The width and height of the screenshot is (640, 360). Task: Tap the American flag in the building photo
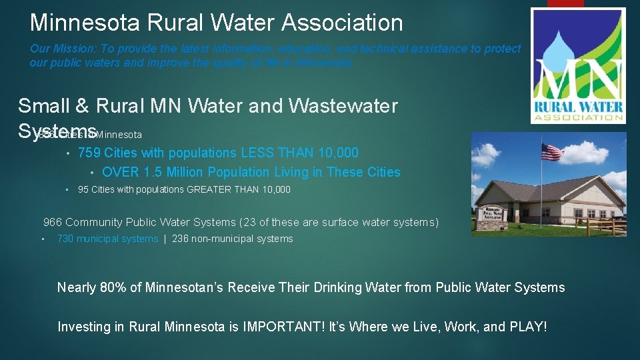552,152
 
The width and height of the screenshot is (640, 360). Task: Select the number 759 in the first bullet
89,153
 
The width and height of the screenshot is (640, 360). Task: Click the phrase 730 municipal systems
108,239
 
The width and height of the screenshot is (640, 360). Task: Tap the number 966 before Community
53,223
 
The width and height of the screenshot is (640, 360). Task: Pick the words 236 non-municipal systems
232,239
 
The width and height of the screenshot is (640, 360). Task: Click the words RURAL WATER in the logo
578,107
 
